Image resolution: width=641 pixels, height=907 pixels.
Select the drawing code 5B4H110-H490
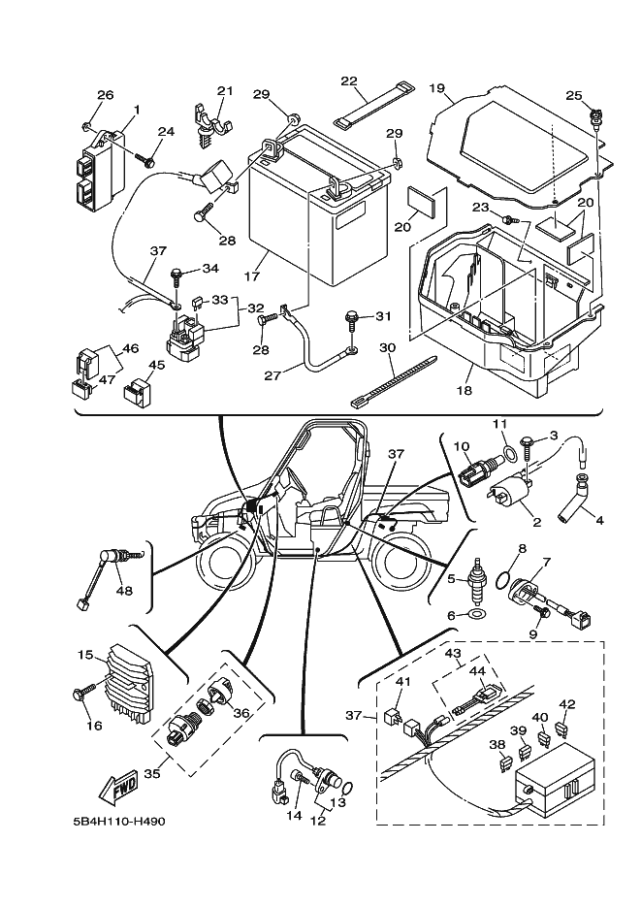[x=119, y=822]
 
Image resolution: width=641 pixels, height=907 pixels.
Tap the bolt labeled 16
[x=80, y=695]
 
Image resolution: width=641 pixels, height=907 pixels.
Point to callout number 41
[x=403, y=682]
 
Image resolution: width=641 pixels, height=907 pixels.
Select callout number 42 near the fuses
[x=568, y=704]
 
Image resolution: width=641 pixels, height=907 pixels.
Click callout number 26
[x=106, y=95]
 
